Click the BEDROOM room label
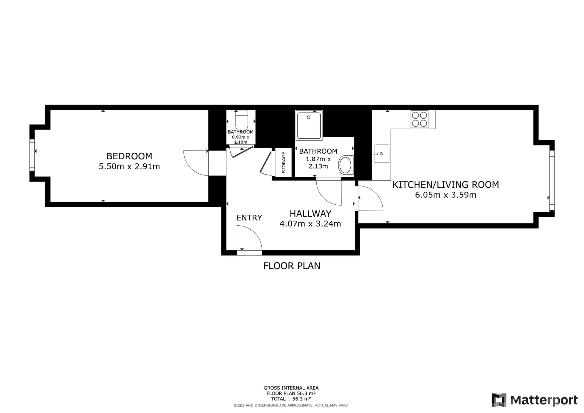pos(129,156)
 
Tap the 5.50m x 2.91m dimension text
pos(129,167)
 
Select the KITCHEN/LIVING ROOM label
pos(446,185)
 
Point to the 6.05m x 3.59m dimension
pos(446,195)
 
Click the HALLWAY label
pos(310,213)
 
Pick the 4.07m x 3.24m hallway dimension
pos(310,224)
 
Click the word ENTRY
pos(249,218)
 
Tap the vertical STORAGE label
pos(284,162)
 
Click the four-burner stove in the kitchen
pos(419,119)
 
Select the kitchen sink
pos(382,154)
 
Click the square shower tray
pos(309,125)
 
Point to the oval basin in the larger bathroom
pos(346,165)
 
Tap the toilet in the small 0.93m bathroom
pos(242,120)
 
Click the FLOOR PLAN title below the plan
pos(292,266)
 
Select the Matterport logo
pos(534,400)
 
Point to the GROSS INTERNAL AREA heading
pos(291,388)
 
